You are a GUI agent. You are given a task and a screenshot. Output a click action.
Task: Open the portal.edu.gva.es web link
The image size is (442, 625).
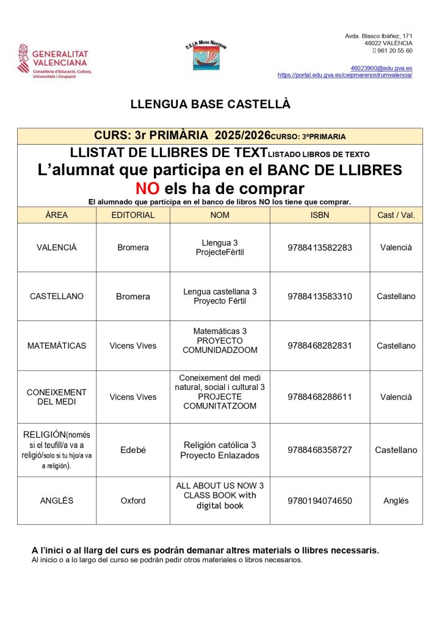[345, 74]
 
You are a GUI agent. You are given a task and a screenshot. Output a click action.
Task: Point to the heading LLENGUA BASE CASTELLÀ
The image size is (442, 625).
[211, 104]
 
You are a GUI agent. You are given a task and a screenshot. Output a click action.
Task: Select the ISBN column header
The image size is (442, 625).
[320, 215]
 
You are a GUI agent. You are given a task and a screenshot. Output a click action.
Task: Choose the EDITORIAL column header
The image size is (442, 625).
[132, 215]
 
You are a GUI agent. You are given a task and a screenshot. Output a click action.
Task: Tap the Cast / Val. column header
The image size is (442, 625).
[396, 215]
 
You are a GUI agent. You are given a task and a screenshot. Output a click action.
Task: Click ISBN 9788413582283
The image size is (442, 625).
[320, 248]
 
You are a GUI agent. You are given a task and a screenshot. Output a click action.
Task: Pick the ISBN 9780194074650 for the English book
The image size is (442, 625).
[320, 501]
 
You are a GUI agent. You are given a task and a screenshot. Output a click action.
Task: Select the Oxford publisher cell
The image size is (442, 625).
[132, 501]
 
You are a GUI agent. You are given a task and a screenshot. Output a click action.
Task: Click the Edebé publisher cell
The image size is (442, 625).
[132, 450]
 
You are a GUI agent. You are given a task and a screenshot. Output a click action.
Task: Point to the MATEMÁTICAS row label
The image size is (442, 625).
[57, 346]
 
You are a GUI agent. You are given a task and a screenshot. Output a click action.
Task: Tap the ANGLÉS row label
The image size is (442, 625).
[57, 501]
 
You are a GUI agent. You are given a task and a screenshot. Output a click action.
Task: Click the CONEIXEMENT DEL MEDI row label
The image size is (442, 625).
[57, 397]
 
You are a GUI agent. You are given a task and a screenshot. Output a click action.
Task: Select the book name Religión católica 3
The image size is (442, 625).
[220, 445]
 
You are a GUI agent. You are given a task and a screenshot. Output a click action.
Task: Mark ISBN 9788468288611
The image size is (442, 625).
[320, 397]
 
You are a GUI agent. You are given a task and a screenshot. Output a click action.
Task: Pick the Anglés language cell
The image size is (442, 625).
[396, 501]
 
